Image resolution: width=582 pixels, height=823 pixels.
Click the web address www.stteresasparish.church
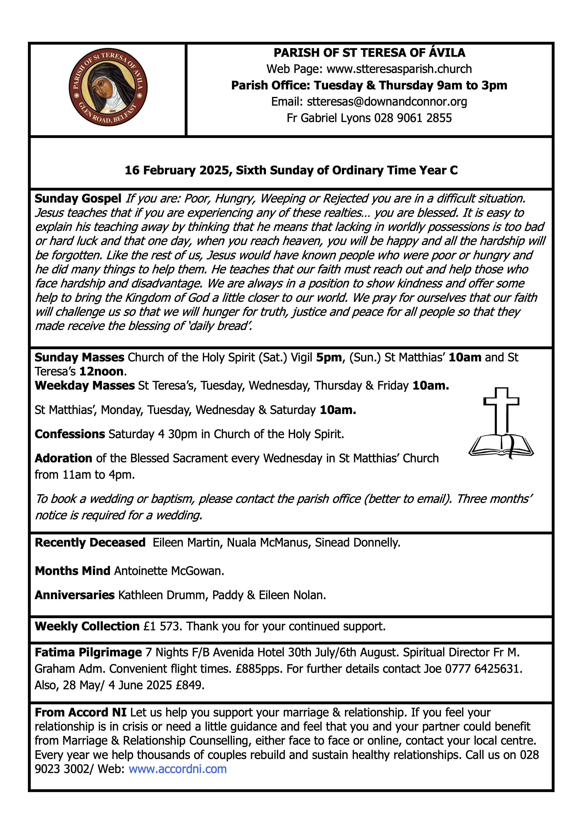399,69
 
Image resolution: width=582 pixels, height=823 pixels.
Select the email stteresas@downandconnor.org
387,102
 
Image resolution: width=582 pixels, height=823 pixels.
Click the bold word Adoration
63,458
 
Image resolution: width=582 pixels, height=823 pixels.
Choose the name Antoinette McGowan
169,571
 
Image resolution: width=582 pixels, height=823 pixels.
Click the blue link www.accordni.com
177,769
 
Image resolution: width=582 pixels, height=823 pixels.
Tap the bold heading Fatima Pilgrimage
88,652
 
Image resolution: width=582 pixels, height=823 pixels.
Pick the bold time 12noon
101,371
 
